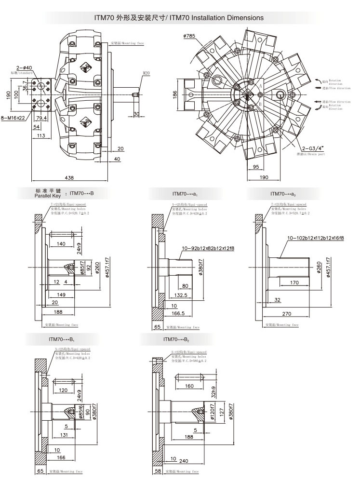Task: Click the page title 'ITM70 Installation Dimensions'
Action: (179, 17)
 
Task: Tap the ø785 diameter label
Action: (189, 36)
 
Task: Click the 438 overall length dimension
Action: (69, 178)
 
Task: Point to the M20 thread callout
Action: (147, 74)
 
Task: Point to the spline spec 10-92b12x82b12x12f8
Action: (208, 248)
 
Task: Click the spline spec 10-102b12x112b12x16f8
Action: (315, 238)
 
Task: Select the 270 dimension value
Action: (286, 313)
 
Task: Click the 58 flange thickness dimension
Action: (157, 471)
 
